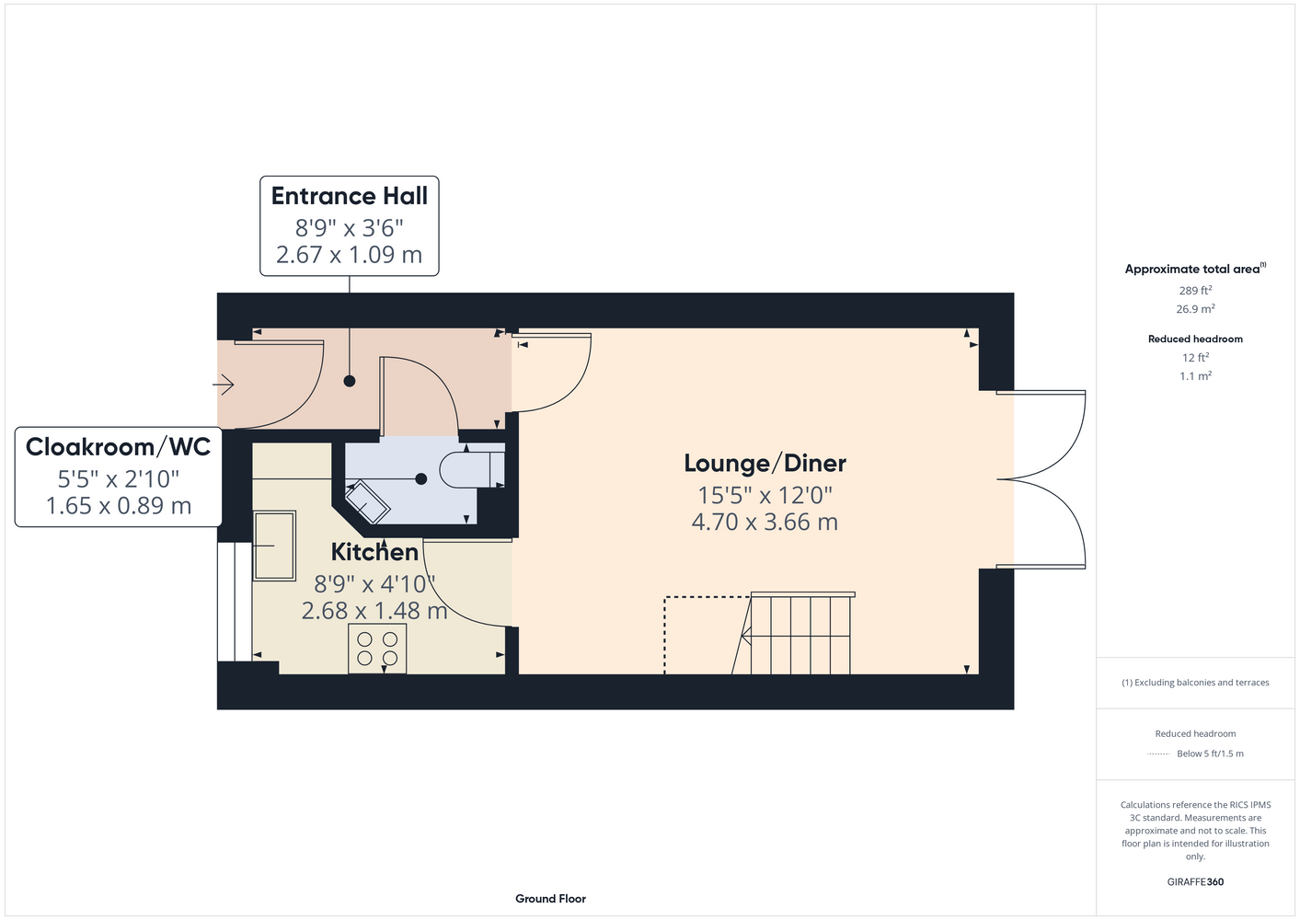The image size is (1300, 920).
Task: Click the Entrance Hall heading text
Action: (x=350, y=196)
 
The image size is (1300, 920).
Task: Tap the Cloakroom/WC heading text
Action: (x=119, y=447)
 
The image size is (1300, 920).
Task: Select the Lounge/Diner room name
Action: (x=765, y=463)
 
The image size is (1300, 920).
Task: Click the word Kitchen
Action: (x=374, y=552)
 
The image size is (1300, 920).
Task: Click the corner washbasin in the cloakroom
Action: (x=367, y=501)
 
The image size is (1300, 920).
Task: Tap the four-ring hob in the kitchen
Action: (x=377, y=649)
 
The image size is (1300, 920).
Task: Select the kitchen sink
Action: (x=275, y=546)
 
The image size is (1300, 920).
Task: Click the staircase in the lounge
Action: (x=793, y=633)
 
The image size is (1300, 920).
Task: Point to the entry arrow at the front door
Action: (x=224, y=385)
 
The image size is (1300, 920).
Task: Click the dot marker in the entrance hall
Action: (x=350, y=382)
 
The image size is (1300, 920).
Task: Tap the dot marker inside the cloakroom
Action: (x=421, y=479)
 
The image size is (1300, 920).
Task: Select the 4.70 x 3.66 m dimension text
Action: (x=765, y=522)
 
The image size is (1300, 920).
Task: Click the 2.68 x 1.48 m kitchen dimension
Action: (x=374, y=611)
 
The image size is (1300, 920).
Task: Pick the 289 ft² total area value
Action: (x=1195, y=290)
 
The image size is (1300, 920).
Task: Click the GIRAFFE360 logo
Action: (x=1195, y=881)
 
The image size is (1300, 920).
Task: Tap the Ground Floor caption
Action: (x=551, y=899)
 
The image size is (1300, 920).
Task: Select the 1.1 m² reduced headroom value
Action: (x=1195, y=375)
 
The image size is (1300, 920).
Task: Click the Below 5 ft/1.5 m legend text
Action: (x=1210, y=753)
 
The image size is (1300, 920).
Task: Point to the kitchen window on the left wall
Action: (x=235, y=602)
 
